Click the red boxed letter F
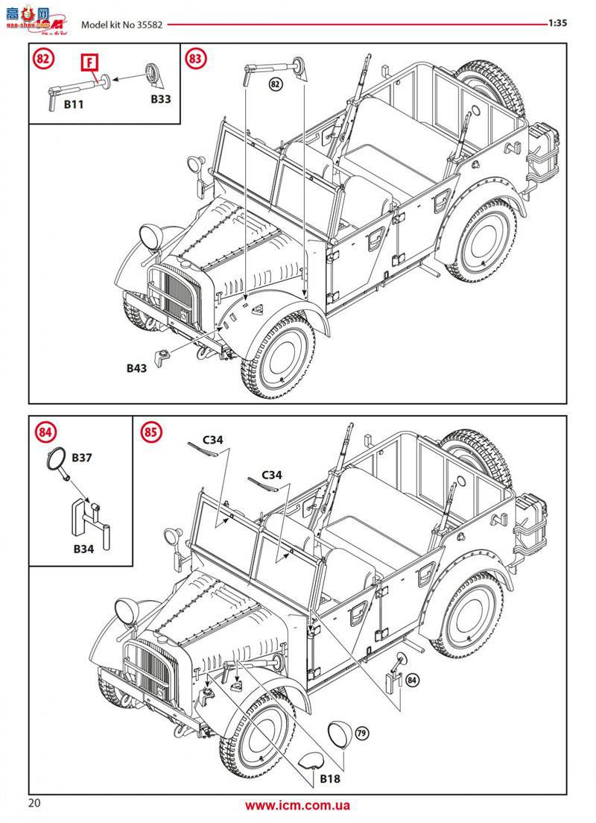[x=90, y=63]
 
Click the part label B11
[x=73, y=105]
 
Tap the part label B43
[x=136, y=368]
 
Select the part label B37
[x=82, y=457]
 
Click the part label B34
[x=83, y=549]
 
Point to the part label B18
[x=330, y=778]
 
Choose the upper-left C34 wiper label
[x=211, y=440]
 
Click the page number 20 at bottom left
[x=34, y=803]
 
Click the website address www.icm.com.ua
[x=298, y=805]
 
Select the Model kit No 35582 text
[x=122, y=23]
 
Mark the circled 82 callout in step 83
[x=275, y=85]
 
